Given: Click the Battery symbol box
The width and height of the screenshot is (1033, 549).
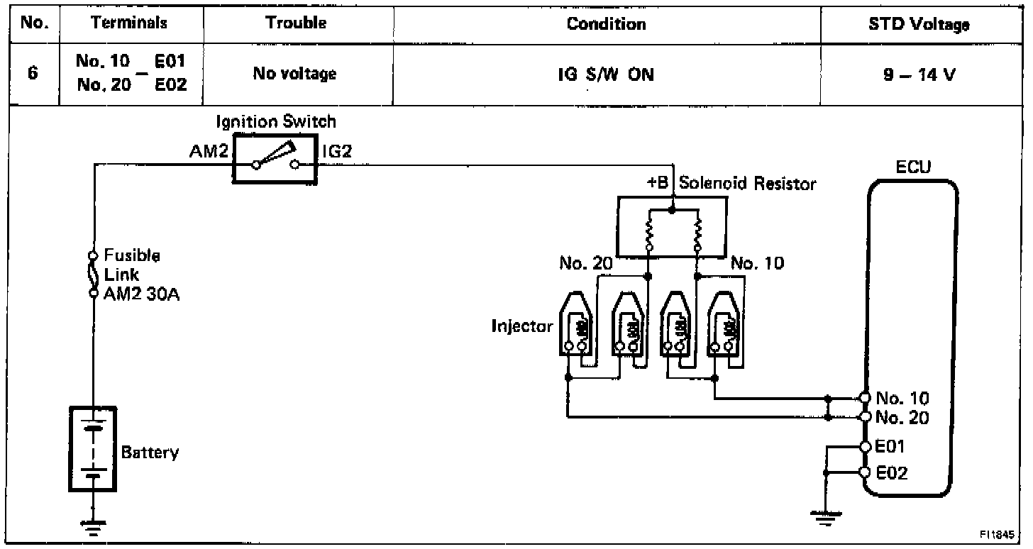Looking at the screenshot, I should tap(92, 448).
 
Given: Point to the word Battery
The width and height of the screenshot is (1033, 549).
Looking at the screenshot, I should tap(150, 453).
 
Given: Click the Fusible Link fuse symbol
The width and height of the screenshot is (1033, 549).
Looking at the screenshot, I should tap(93, 273).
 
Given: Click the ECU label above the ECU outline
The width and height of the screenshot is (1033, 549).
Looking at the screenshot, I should tap(914, 167).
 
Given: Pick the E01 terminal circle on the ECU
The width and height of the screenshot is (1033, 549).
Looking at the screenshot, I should tap(865, 447).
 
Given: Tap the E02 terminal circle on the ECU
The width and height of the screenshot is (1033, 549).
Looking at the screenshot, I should tap(865, 472).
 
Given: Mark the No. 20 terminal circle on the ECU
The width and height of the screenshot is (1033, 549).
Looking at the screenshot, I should tap(865, 416).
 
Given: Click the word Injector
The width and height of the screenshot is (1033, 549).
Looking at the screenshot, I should tap(521, 327).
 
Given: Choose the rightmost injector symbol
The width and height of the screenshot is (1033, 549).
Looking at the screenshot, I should tap(724, 328).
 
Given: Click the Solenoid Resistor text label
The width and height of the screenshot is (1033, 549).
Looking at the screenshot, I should tap(747, 184).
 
